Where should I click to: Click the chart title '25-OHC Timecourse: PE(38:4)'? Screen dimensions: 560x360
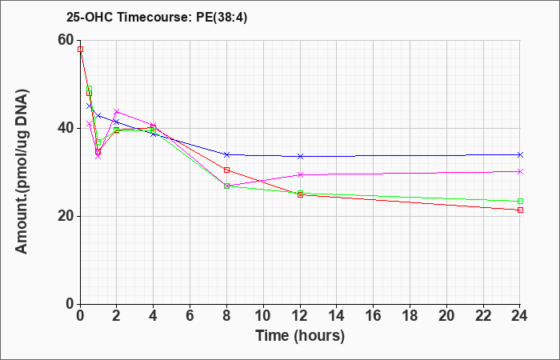point(157,18)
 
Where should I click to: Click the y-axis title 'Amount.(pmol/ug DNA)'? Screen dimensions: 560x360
point(22,172)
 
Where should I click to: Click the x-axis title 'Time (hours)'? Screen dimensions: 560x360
point(300,336)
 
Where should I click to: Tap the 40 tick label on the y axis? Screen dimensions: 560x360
point(66,128)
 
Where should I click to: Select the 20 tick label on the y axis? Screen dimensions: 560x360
point(66,216)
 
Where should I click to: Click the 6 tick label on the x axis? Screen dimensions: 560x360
point(190,316)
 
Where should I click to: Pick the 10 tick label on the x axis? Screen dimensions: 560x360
point(263,316)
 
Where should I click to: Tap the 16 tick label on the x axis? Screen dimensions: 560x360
point(374,316)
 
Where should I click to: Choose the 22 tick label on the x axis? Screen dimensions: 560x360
point(483,316)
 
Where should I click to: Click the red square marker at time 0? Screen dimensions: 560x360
point(80,50)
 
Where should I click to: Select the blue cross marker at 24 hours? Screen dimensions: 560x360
point(520,154)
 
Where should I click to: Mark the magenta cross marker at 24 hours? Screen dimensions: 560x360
point(520,172)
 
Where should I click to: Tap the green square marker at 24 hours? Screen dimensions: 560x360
point(520,202)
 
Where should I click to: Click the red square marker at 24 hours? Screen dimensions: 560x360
point(520,210)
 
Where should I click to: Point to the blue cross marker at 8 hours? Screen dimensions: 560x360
point(226,154)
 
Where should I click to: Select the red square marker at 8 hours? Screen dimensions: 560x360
point(226,170)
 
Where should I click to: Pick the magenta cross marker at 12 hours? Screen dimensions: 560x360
point(300,174)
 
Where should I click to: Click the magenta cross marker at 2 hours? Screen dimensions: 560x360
point(116,111)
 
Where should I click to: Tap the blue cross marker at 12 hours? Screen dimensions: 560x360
point(300,157)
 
